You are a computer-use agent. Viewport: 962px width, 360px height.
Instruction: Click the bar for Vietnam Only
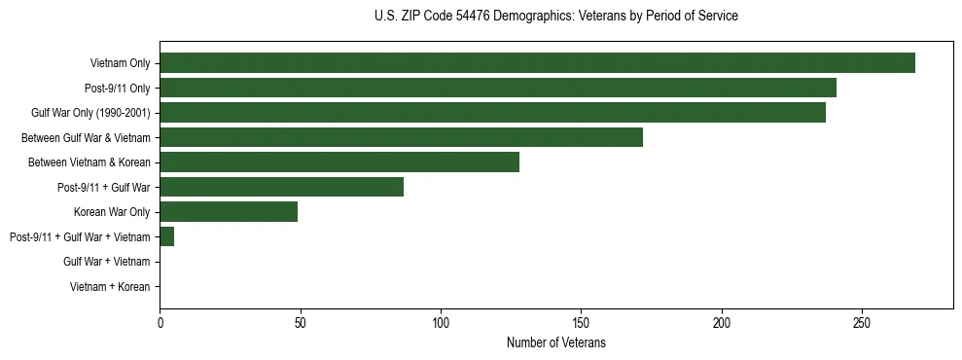[x=537, y=63]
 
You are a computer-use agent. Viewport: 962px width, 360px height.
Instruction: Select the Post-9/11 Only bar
[x=498, y=89]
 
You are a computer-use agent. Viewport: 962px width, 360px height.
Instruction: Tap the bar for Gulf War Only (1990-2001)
[x=492, y=113]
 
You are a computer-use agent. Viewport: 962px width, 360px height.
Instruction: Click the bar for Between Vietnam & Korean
[x=339, y=162]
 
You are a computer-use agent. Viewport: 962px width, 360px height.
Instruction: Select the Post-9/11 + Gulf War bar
[x=281, y=187]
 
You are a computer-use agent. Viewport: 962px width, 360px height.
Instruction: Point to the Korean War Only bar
[x=229, y=211]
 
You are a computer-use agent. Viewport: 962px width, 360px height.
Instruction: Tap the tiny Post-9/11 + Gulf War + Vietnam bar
[x=166, y=236]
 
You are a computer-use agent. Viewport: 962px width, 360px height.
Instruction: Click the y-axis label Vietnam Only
[x=120, y=63]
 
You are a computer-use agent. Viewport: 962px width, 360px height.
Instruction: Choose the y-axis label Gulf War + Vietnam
[x=106, y=262]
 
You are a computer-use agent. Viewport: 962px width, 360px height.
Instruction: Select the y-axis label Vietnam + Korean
[x=110, y=287]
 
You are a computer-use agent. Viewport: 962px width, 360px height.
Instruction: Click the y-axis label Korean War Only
[x=112, y=212]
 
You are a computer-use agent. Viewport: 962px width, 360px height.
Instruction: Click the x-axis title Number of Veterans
[x=555, y=342]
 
